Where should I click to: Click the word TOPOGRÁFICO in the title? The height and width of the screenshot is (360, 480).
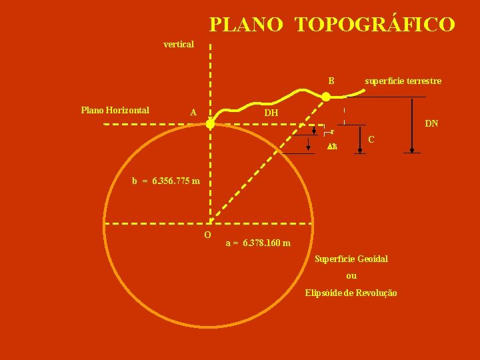(x=375, y=25)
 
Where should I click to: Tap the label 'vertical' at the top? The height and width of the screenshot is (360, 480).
(x=179, y=44)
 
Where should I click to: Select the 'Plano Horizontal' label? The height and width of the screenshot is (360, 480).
(x=115, y=110)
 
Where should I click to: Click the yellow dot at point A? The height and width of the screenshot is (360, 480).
(x=210, y=124)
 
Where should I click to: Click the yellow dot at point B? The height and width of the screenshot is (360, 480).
(x=326, y=97)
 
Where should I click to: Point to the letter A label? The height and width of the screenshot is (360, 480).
(x=193, y=113)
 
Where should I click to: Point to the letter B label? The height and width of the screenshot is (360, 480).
(x=331, y=81)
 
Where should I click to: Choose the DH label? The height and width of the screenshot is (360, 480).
(x=271, y=113)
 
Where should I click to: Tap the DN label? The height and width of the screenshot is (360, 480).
(x=432, y=123)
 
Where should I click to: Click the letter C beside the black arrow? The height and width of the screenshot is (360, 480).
(x=371, y=139)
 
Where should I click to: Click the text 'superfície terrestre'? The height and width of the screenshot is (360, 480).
(x=403, y=81)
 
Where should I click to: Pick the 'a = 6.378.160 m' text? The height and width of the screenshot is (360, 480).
(x=258, y=243)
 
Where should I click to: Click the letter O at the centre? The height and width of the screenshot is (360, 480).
(x=207, y=235)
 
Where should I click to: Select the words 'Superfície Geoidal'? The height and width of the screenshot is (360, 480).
(x=351, y=258)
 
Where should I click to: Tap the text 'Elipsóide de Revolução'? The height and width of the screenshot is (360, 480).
(x=351, y=293)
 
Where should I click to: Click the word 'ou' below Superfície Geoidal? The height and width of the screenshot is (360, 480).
(x=351, y=275)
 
